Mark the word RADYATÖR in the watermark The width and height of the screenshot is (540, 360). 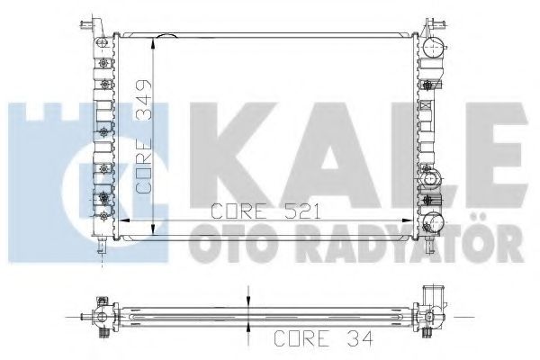coord(378,244)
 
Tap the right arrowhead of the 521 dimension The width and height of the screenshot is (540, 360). coord(411,220)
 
